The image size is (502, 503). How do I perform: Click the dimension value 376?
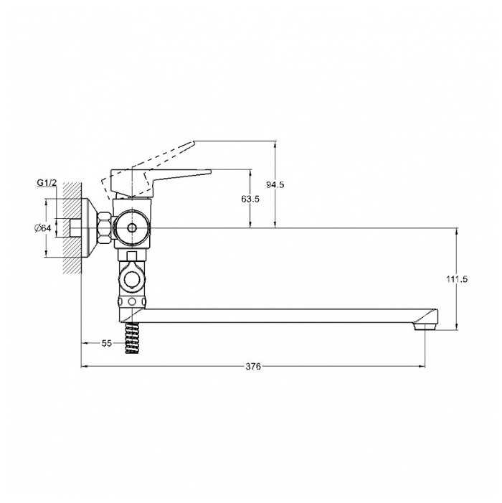click(253, 366)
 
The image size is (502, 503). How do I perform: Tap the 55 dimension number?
click(107, 343)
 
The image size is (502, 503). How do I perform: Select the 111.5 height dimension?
click(457, 279)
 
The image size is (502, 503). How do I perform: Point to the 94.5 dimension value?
click(275, 185)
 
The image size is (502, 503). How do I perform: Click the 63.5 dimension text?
click(250, 199)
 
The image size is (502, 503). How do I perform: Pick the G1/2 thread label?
click(47, 183)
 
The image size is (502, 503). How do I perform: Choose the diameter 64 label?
click(43, 228)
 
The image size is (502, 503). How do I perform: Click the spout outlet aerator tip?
click(425, 327)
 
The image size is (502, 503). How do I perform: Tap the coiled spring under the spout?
click(132, 338)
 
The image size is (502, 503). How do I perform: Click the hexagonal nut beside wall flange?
click(105, 228)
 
